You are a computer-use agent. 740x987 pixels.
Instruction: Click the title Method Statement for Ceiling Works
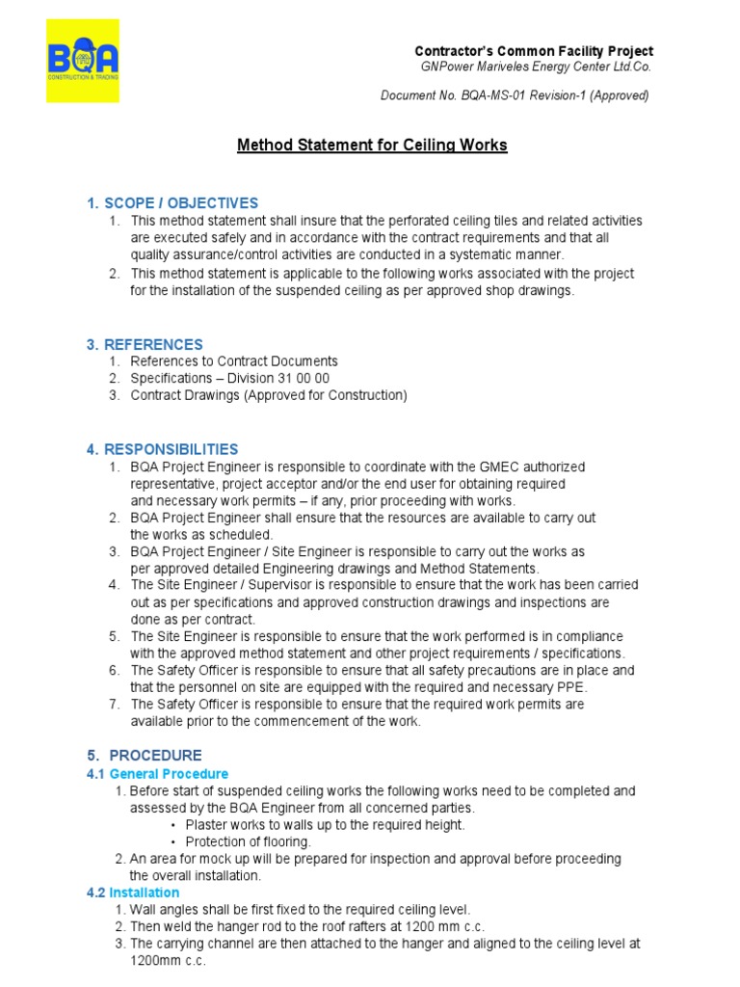pyautogui.click(x=372, y=146)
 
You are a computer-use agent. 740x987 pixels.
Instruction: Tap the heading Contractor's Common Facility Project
pyautogui.click(x=533, y=51)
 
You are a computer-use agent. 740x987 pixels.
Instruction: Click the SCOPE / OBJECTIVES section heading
pyautogui.click(x=172, y=203)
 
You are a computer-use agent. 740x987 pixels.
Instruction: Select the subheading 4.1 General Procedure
pyautogui.click(x=158, y=774)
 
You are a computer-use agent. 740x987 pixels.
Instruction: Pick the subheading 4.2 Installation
pyautogui.click(x=133, y=893)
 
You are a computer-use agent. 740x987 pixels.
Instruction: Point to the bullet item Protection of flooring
pyautogui.click(x=246, y=841)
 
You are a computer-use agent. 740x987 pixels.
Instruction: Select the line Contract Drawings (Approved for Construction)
pyautogui.click(x=269, y=395)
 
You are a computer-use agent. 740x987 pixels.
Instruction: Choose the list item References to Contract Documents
pyautogui.click(x=234, y=361)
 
